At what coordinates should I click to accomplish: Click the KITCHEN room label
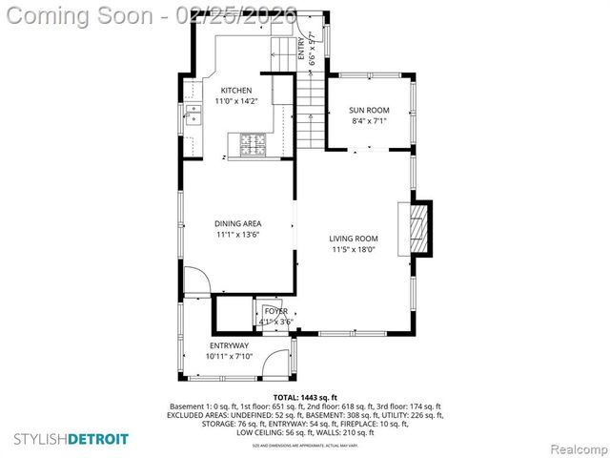coord(235,91)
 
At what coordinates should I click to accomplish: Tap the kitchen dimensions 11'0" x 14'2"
coord(235,101)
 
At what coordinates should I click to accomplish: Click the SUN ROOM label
coord(370,111)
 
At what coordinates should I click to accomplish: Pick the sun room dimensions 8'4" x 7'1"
coord(370,121)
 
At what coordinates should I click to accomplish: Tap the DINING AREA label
coord(237,223)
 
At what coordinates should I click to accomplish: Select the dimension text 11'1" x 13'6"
coord(237,234)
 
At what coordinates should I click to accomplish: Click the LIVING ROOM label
coord(354,239)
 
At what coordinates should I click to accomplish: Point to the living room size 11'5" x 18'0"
coord(354,249)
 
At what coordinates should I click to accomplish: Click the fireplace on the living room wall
coord(418,228)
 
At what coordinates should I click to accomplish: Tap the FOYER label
coord(276,311)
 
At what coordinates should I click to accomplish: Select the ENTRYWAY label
coord(229,345)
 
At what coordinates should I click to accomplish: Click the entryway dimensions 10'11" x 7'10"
coord(229,356)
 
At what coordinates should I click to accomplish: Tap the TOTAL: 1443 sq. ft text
coord(305,396)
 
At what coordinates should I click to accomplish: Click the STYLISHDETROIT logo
coord(71,438)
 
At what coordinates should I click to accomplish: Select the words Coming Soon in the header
coord(81,15)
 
